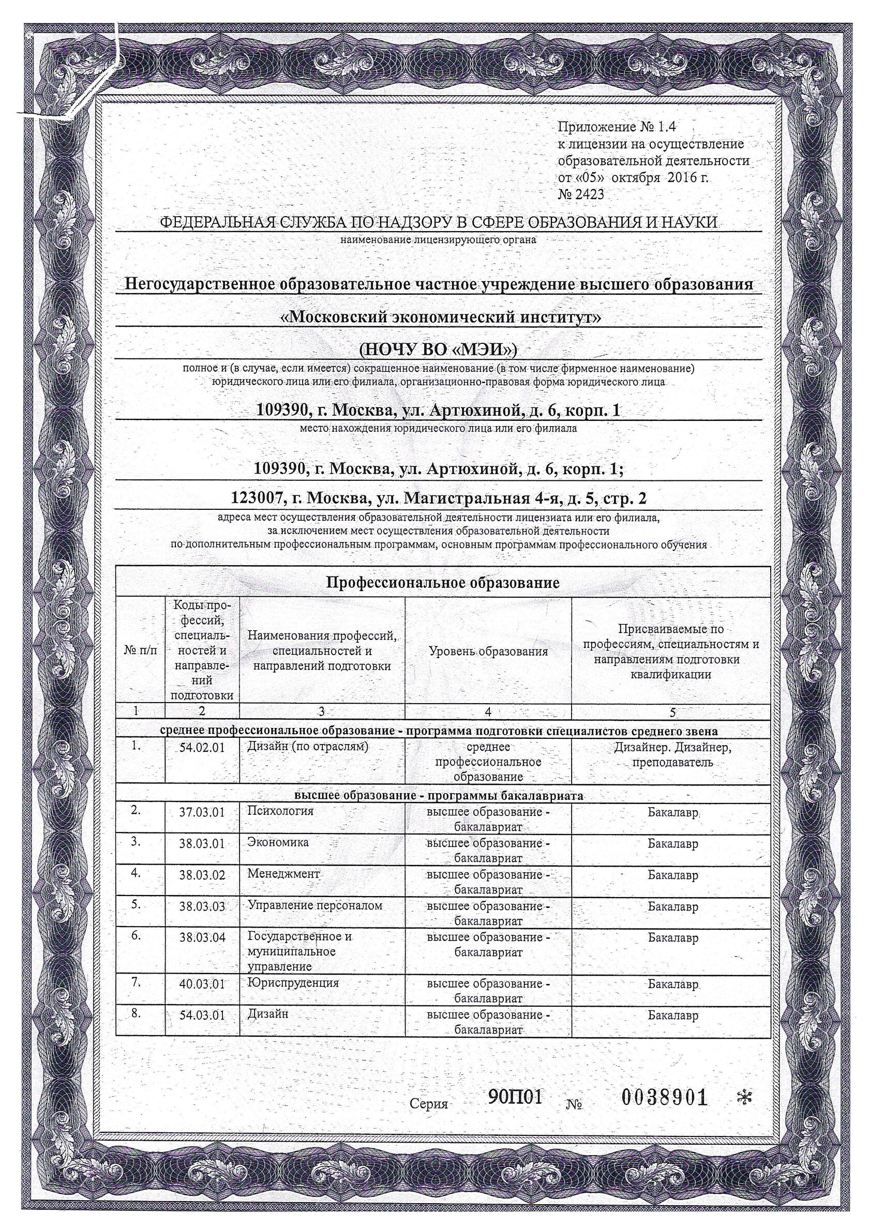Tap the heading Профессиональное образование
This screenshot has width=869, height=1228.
[443, 582]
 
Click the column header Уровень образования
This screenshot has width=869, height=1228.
[488, 651]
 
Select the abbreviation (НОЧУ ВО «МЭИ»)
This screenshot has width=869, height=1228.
[438, 348]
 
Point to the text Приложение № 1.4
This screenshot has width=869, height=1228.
[617, 127]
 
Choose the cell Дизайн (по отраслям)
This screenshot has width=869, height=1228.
[308, 747]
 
